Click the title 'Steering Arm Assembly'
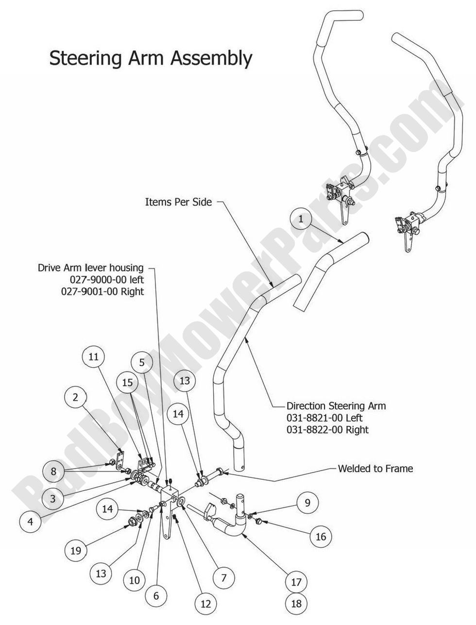(151, 58)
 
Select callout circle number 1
(301, 219)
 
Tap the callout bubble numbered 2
(75, 397)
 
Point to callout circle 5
(142, 362)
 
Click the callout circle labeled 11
(93, 357)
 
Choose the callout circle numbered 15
(127, 383)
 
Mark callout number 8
(53, 471)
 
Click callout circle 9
(307, 503)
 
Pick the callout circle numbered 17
(296, 581)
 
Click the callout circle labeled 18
(296, 603)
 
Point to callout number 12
(205, 604)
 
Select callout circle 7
(224, 578)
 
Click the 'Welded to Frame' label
(375, 469)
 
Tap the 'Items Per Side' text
(178, 202)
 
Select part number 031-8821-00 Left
(324, 418)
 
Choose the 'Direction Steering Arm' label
(336, 405)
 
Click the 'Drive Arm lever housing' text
(91, 268)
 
